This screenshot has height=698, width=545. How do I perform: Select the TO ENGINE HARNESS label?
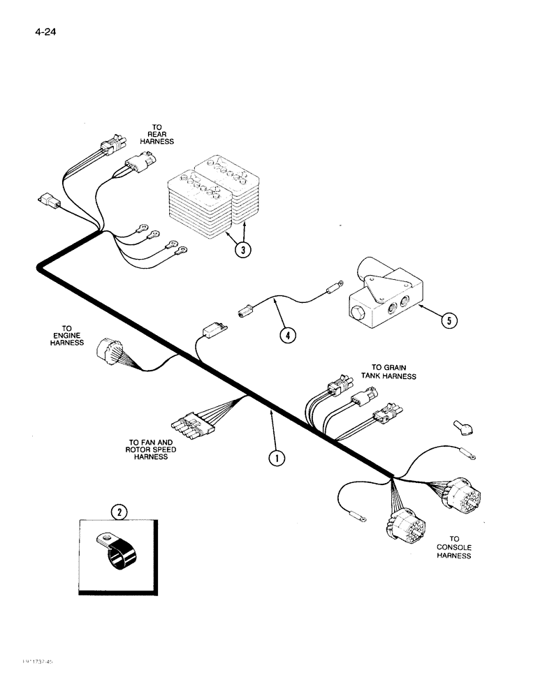click(67, 335)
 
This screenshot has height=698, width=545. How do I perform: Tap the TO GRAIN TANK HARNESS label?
click(393, 371)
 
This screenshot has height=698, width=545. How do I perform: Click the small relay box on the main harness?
click(212, 328)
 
